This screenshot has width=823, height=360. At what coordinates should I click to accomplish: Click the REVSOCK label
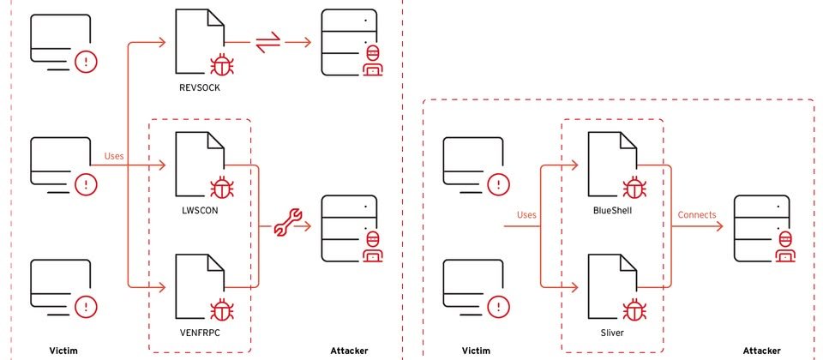tap(200, 87)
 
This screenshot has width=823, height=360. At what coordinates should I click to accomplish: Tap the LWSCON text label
tap(200, 211)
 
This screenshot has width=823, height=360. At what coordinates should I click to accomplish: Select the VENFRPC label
tap(200, 333)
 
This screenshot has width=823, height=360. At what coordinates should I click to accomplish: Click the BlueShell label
tap(612, 211)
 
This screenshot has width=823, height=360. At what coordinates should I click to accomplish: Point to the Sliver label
tap(612, 333)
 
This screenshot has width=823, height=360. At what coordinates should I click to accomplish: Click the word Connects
tap(696, 214)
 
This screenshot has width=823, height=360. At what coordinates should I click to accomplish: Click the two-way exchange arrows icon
tap(268, 43)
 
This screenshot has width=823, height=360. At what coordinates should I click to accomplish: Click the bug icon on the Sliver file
tap(634, 310)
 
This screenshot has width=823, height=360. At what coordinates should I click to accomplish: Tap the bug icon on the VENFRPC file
tap(222, 310)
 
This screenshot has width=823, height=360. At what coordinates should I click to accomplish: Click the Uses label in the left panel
tap(114, 156)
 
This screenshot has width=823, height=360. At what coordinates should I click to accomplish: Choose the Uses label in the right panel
tap(526, 214)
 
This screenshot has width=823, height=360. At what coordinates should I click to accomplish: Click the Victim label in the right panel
tap(476, 351)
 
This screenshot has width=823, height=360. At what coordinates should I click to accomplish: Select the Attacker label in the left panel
tap(349, 351)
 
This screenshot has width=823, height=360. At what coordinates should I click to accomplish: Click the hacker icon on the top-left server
tap(373, 61)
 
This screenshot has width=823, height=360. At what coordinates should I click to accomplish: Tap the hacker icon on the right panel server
tap(785, 246)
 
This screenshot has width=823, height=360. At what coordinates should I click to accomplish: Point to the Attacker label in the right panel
tap(761, 351)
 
